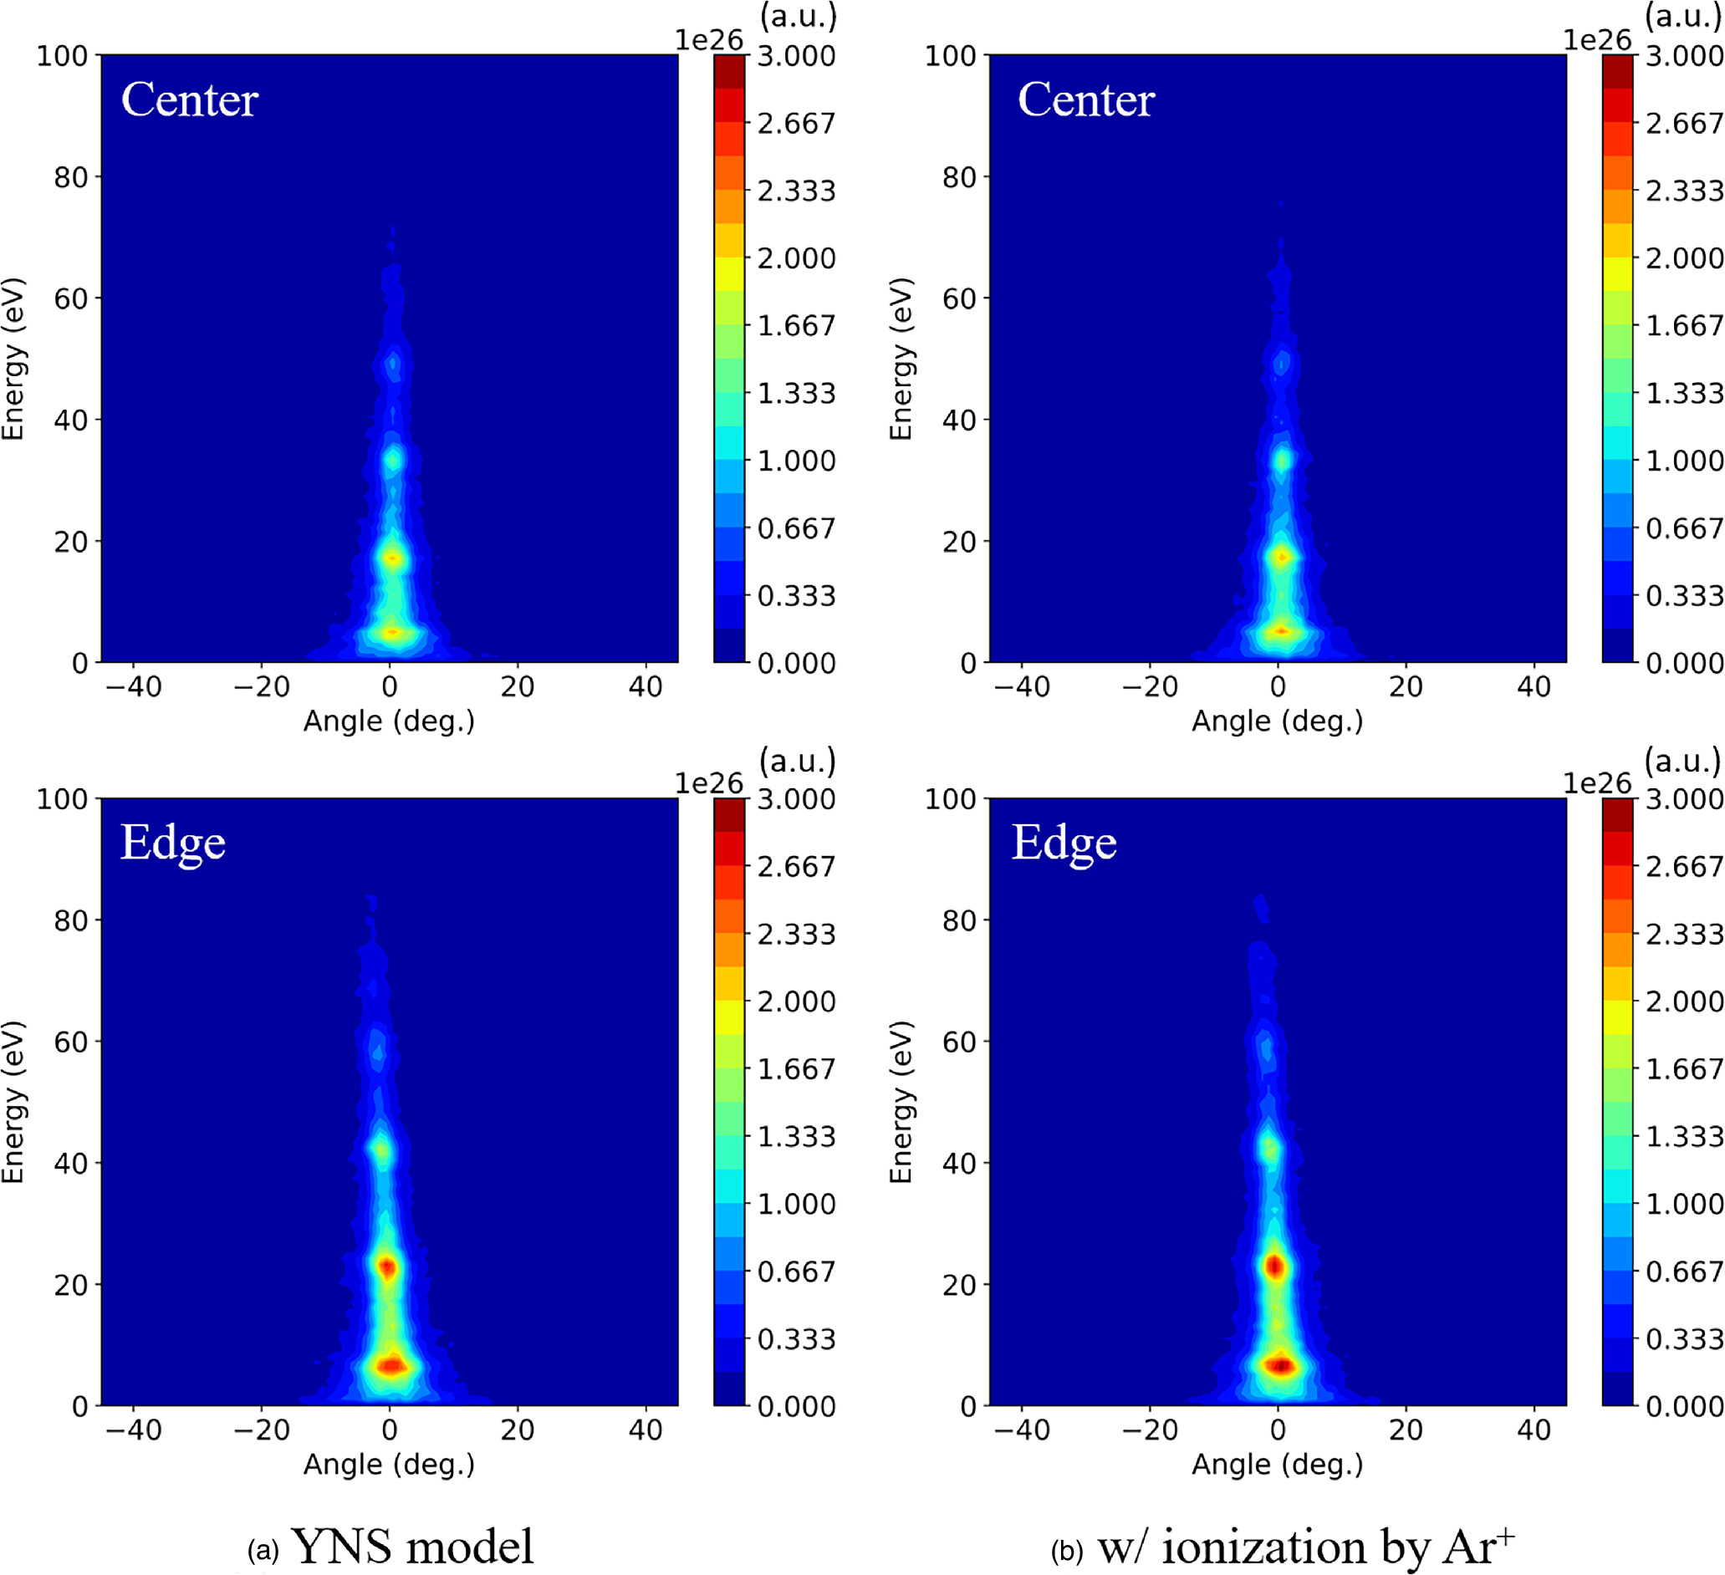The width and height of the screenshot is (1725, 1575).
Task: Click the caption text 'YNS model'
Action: [411, 1546]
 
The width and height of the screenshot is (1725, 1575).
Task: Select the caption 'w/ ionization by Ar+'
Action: [1306, 1546]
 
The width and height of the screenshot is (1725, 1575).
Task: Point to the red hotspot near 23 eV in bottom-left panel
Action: [389, 1267]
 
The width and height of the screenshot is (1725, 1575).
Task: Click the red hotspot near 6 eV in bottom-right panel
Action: [1280, 1365]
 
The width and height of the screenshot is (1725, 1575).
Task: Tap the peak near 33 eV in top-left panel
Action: [393, 461]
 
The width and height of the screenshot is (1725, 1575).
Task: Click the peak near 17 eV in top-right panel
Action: [1281, 557]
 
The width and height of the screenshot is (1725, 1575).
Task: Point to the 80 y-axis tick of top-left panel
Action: [71, 177]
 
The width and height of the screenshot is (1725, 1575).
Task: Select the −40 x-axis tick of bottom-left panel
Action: [134, 1430]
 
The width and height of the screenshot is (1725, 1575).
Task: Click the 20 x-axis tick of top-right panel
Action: [1406, 686]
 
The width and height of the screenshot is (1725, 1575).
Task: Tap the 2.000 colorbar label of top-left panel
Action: [796, 257]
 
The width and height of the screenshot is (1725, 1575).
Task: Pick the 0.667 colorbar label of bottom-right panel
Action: [1684, 1272]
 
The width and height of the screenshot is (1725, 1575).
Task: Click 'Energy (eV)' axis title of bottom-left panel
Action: [13, 1102]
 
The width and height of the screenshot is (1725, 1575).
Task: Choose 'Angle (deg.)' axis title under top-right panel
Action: [1277, 721]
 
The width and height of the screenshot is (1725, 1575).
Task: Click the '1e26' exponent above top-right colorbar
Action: [1597, 39]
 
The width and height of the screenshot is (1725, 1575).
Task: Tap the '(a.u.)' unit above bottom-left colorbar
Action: [798, 760]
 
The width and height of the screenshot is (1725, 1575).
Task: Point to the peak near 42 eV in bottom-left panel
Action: [381, 1149]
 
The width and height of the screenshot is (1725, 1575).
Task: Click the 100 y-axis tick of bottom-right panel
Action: [950, 799]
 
